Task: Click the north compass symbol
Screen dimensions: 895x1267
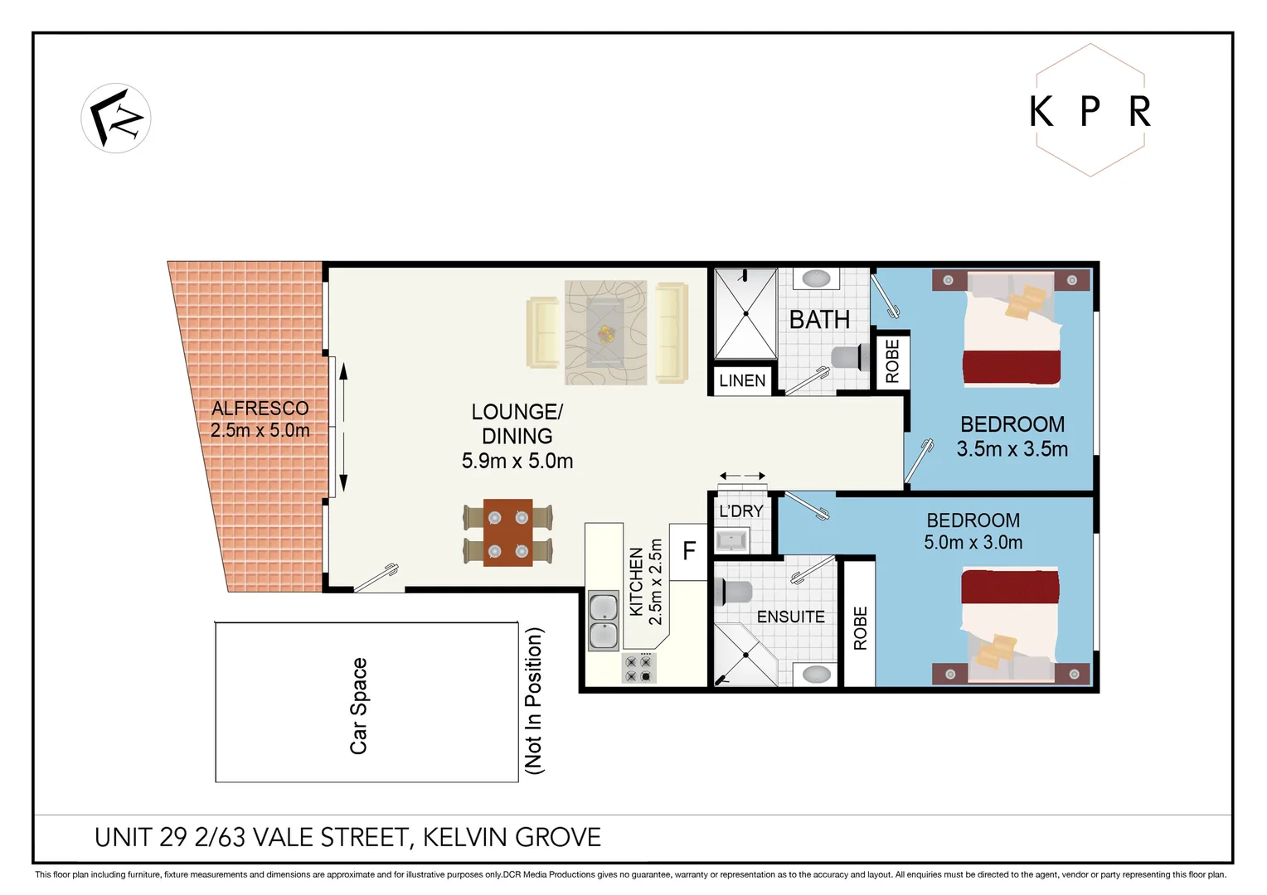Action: tap(116, 119)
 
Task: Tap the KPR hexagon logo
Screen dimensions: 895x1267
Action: tap(1090, 110)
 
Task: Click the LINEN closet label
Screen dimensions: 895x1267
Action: tap(742, 381)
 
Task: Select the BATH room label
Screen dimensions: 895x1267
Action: tap(819, 320)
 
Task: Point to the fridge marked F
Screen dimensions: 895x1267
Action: tap(688, 551)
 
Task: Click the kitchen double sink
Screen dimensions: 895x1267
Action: tap(603, 621)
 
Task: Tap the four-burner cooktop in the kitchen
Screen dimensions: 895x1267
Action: tap(638, 669)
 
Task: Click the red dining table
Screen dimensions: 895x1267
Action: tap(507, 533)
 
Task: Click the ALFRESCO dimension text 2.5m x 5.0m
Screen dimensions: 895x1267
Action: tap(260, 431)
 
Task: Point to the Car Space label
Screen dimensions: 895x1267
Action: tap(358, 706)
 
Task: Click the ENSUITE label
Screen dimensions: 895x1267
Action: tap(790, 617)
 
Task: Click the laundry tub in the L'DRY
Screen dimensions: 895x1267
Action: tap(731, 541)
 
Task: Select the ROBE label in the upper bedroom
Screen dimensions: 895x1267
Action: tap(892, 361)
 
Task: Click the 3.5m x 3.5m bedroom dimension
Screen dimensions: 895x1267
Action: tap(1012, 449)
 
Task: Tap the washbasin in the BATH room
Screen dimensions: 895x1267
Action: tap(816, 278)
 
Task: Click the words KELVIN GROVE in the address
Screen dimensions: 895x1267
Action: tap(512, 838)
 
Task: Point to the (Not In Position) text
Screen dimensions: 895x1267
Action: tap(534, 701)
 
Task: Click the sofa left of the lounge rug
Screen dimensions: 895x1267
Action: tap(543, 332)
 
